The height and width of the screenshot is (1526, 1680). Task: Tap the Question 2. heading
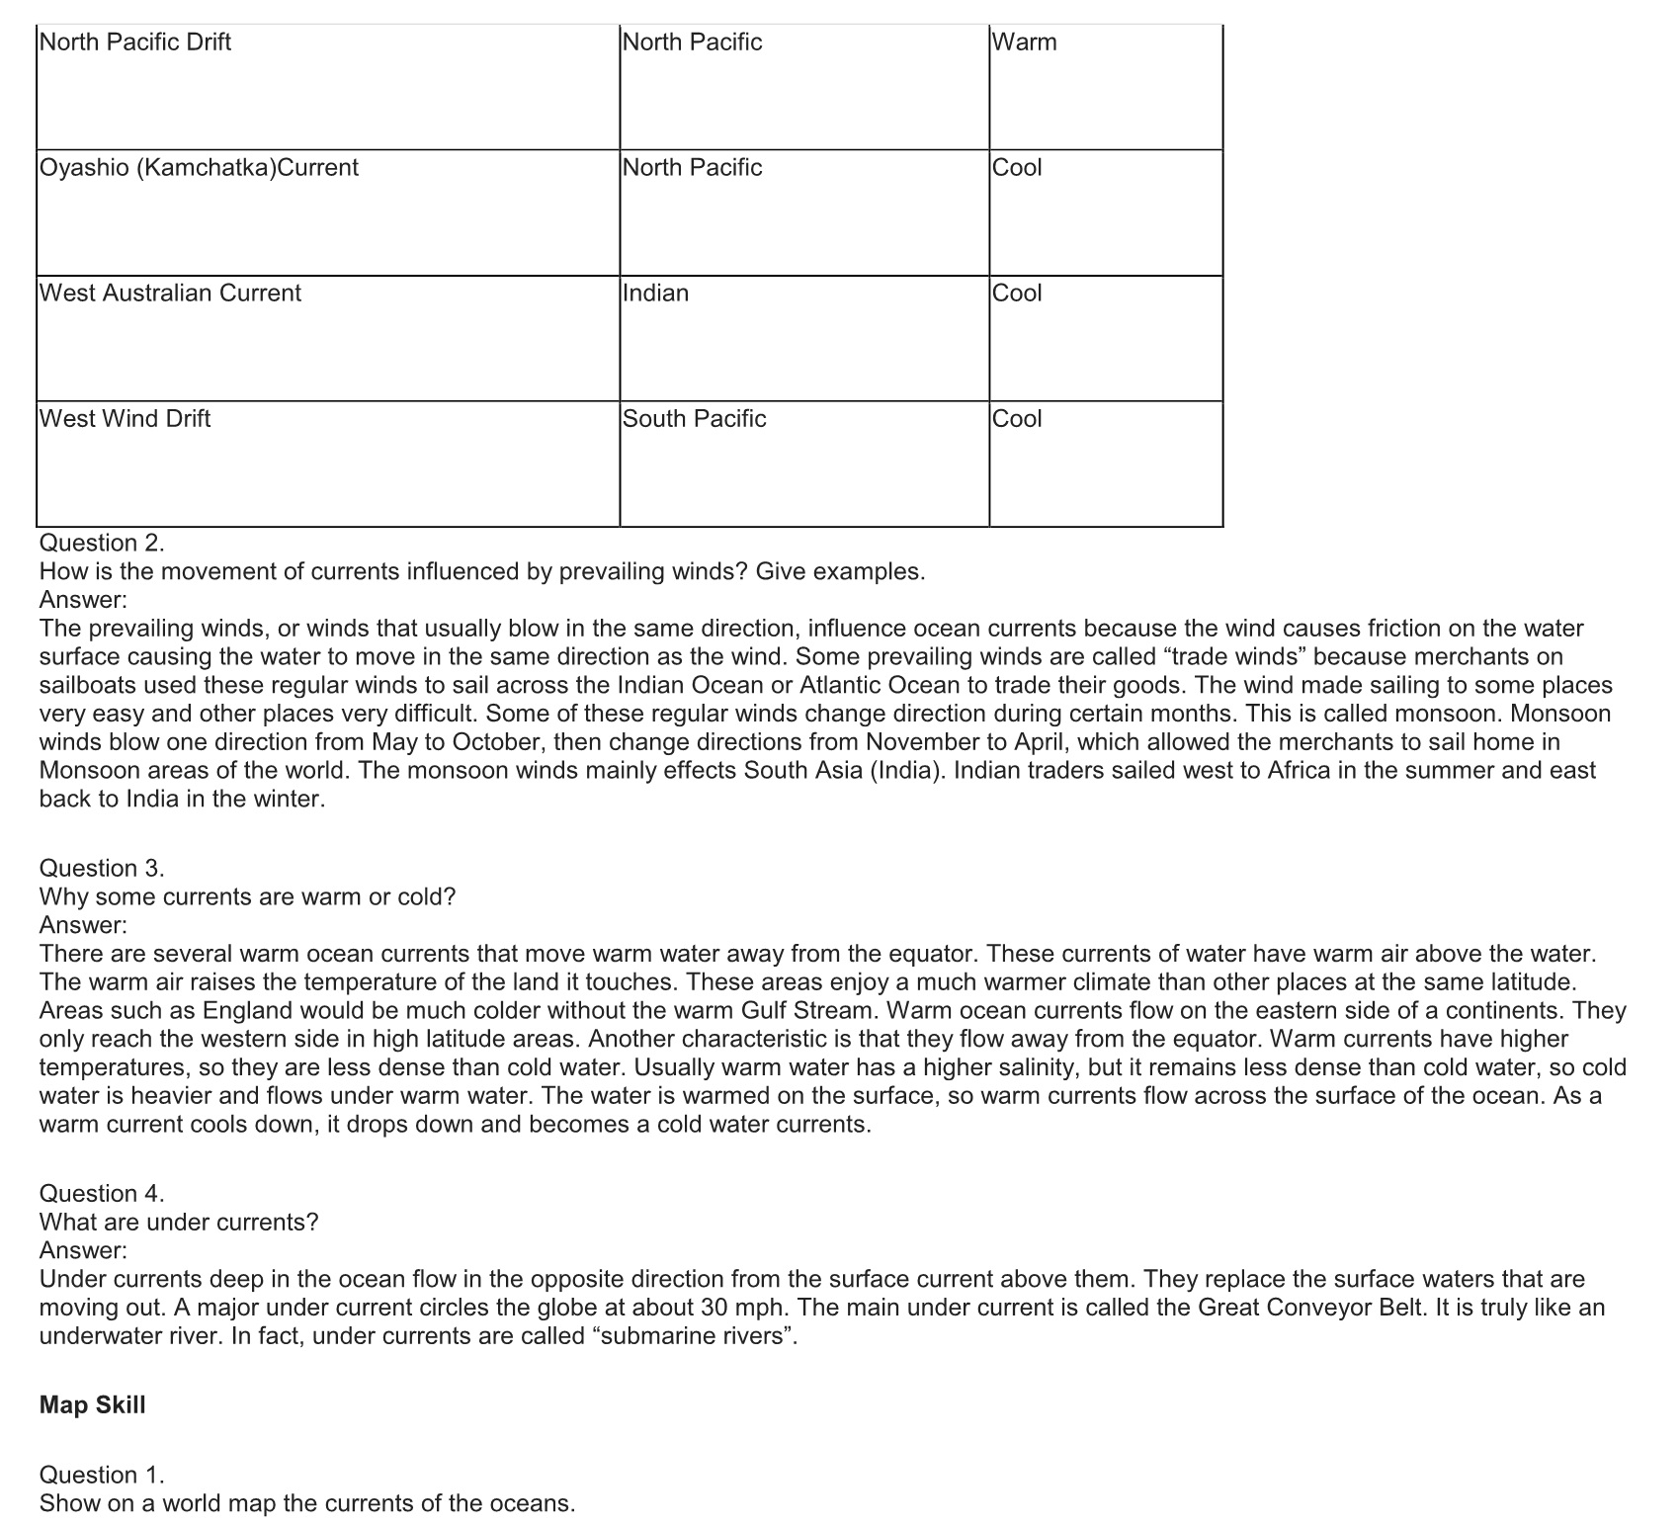(102, 543)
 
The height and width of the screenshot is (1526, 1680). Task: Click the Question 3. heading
(102, 868)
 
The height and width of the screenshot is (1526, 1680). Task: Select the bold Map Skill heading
(92, 1405)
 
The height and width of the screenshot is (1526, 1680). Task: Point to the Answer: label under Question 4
(83, 1250)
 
